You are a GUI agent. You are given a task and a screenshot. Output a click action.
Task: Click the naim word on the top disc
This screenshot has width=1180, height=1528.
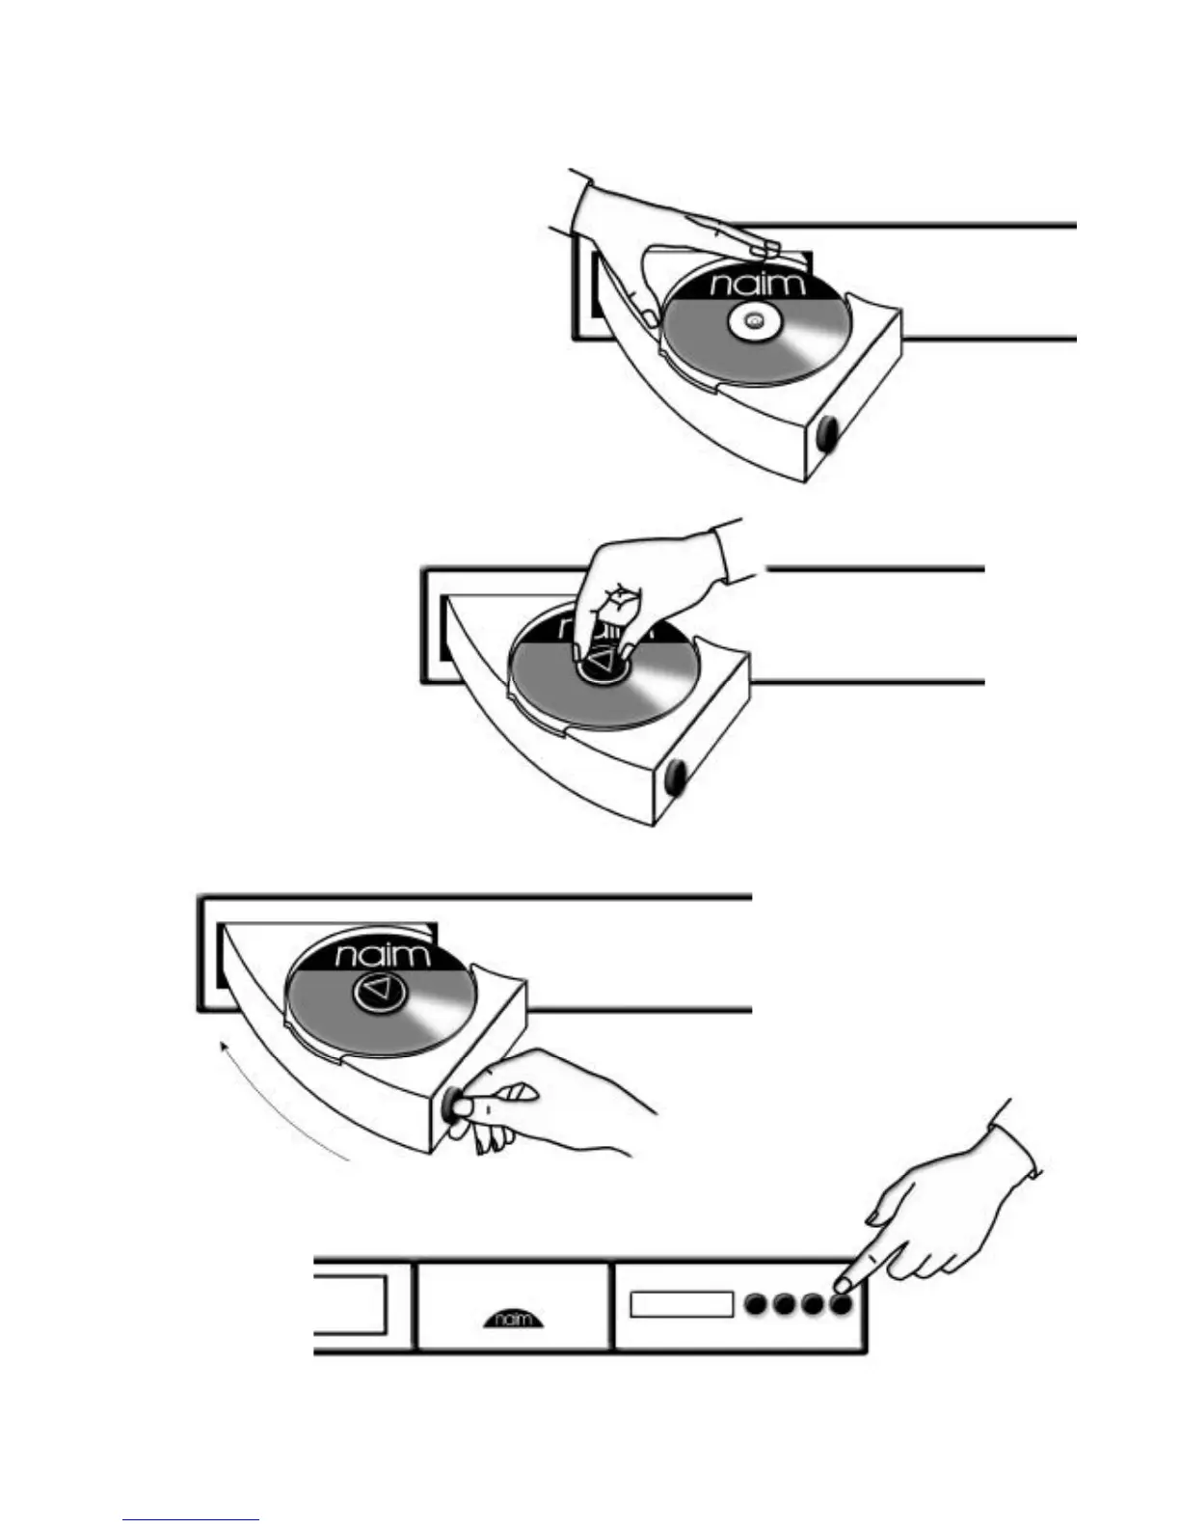click(x=757, y=284)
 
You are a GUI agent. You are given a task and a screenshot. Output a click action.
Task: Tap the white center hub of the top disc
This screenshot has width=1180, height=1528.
click(x=754, y=321)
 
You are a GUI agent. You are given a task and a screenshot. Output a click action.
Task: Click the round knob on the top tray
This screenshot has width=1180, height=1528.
click(x=827, y=435)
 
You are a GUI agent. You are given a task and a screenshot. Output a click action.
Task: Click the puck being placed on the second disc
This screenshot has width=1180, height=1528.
click(x=603, y=661)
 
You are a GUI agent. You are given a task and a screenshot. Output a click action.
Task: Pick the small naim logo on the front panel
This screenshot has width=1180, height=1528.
click(x=512, y=1319)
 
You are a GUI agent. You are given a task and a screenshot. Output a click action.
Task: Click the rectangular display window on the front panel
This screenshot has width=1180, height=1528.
click(x=682, y=1304)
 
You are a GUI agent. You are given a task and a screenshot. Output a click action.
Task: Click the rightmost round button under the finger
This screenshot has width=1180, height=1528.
click(x=842, y=1305)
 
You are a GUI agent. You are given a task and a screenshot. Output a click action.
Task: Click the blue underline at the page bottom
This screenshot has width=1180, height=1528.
click(x=191, y=1520)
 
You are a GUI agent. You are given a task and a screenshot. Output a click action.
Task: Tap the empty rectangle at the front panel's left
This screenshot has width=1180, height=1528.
click(x=351, y=1304)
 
